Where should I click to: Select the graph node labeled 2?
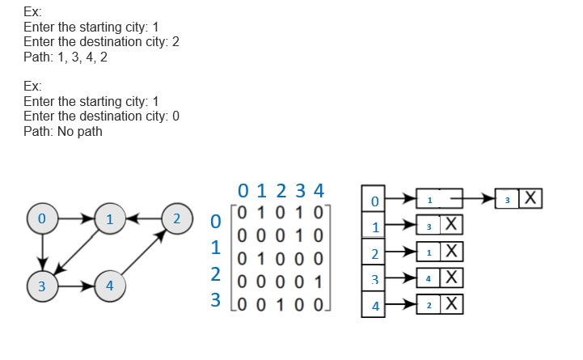click(x=175, y=218)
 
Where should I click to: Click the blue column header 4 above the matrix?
click(x=319, y=192)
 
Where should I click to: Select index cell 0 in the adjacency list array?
click(x=374, y=199)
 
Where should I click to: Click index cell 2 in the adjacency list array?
click(x=374, y=253)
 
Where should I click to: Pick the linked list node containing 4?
click(x=429, y=279)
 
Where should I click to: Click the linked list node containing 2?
click(x=429, y=305)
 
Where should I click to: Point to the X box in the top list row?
click(x=530, y=198)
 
